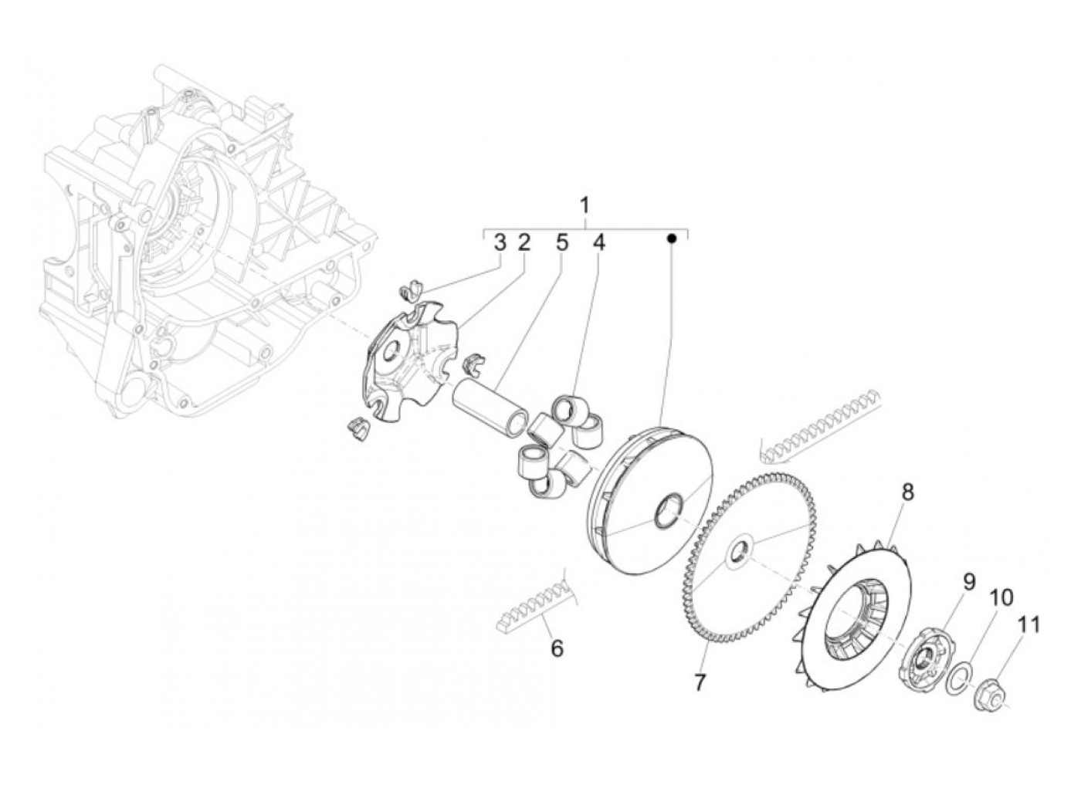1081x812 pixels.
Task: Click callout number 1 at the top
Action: click(585, 205)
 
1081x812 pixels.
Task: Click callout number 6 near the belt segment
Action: click(556, 649)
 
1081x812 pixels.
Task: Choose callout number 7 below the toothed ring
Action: click(700, 683)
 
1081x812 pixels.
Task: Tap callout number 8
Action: click(907, 492)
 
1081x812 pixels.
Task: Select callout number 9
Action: click(947, 580)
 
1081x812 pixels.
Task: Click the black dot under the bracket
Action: click(673, 239)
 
